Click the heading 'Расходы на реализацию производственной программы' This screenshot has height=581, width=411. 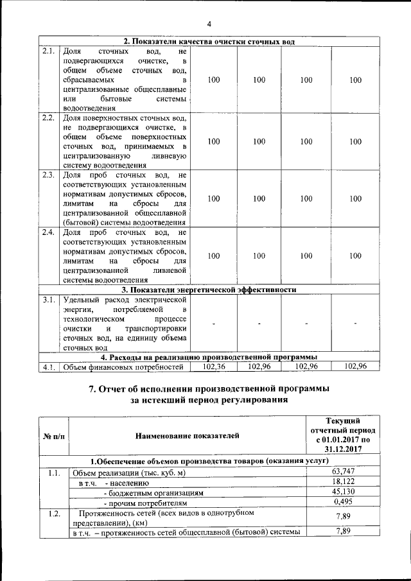209,357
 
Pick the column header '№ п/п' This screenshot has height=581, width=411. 54,436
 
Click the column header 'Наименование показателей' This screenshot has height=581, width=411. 188,436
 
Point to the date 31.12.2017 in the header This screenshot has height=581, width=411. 339,450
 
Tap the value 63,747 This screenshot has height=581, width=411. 339,473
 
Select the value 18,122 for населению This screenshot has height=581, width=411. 339,482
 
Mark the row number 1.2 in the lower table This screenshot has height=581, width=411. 54,514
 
